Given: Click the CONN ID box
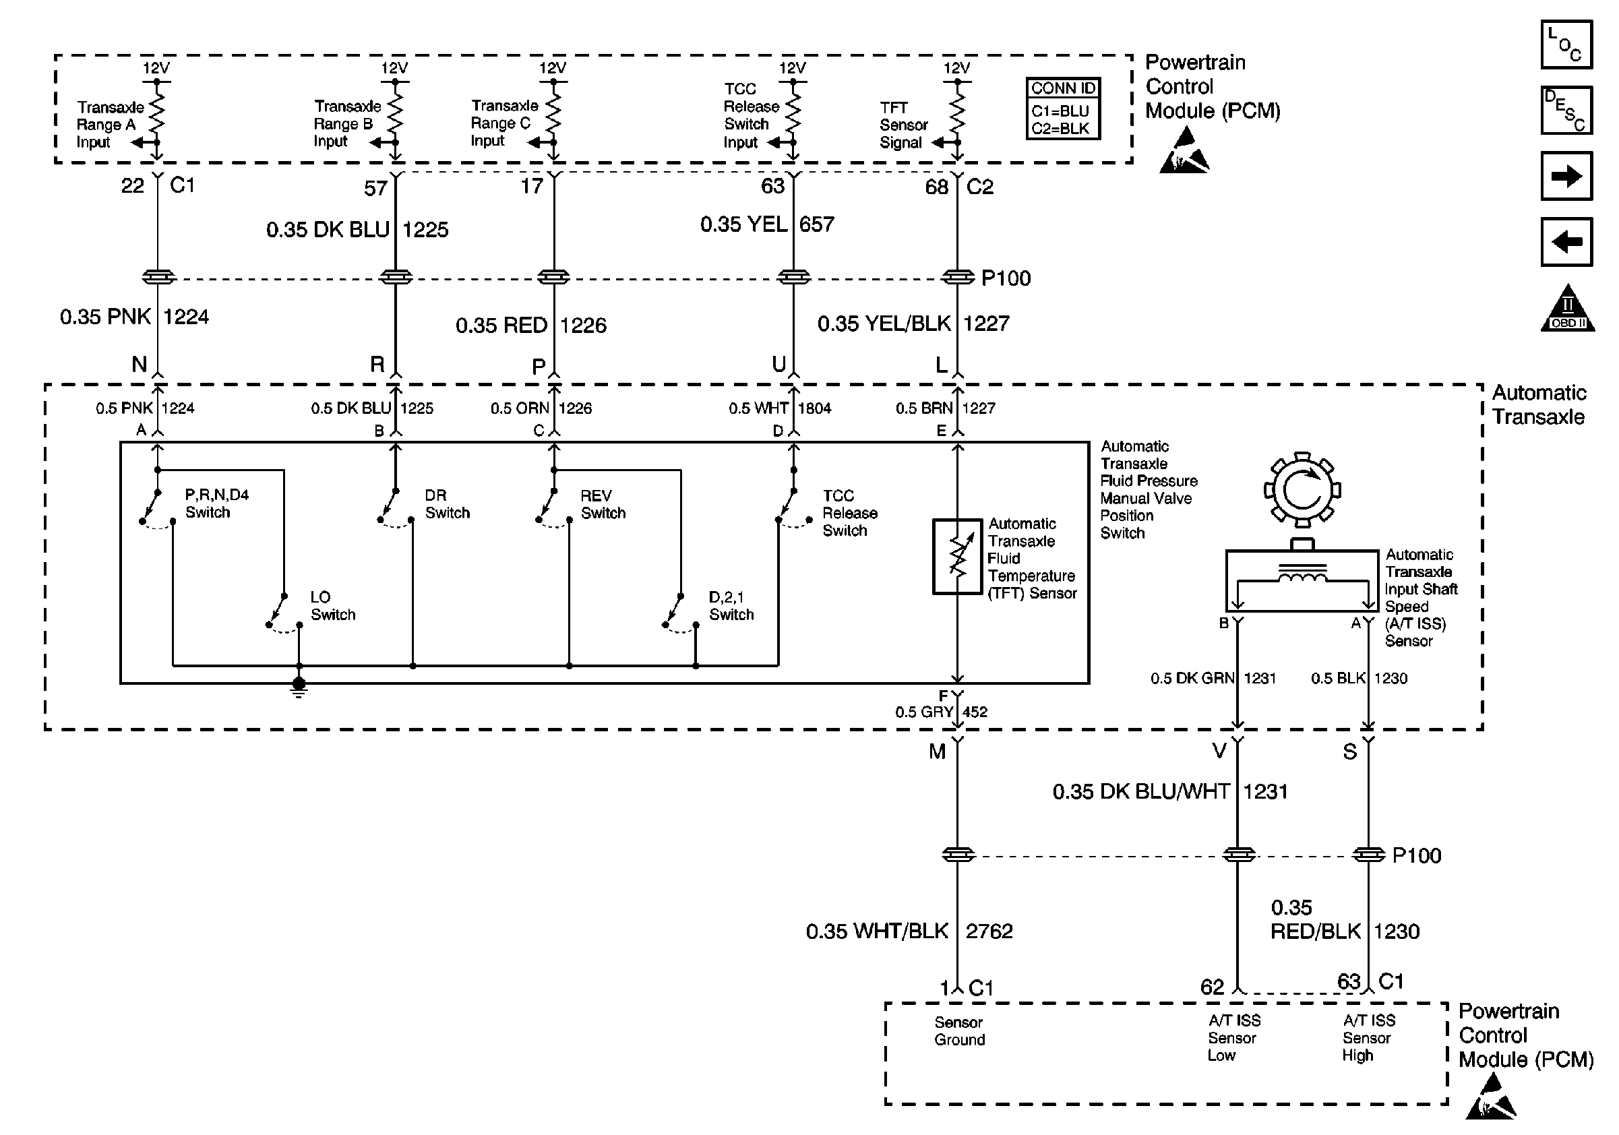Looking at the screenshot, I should (1062, 109).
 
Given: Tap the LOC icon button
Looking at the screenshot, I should (1566, 44).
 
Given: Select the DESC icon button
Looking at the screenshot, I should (1566, 110).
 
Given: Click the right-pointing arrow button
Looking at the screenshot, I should (1566, 175).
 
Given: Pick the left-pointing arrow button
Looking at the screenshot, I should (1566, 242).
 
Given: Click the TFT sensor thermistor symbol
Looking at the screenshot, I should (957, 557).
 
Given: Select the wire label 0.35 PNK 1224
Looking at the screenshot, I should (134, 317).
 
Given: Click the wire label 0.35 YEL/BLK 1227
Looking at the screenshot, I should (913, 324).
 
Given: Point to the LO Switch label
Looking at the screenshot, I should (333, 605).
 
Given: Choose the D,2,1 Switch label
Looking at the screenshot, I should (731, 605).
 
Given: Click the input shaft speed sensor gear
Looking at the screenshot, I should (1302, 490).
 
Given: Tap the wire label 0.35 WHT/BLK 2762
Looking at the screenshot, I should (909, 931).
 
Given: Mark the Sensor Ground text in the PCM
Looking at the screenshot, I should (959, 1031).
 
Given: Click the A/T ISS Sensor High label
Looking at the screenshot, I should (1368, 1038).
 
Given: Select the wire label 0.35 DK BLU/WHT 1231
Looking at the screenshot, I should (1169, 792).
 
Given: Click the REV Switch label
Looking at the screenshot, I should (603, 504).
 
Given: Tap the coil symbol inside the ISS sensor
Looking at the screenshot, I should (1302, 577).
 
